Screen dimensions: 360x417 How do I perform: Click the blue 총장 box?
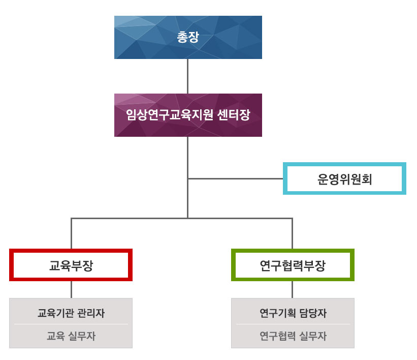point(188,37)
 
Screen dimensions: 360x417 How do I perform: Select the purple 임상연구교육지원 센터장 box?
point(188,115)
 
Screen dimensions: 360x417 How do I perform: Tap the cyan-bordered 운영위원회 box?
point(344,178)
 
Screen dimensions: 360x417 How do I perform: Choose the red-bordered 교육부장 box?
point(71,265)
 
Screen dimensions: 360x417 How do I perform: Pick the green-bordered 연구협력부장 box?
point(292,265)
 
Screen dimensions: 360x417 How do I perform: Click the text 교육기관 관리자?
point(71,313)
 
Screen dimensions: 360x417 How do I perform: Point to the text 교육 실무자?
point(71,336)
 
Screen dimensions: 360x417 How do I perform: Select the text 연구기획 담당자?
point(293,313)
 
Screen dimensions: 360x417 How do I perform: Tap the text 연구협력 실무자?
point(293,336)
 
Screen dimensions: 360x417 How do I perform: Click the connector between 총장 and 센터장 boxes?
point(188,76)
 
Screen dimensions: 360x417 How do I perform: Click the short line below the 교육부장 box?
point(71,289)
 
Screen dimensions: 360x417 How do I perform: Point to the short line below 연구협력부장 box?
point(292,289)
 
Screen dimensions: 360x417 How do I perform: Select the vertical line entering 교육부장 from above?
point(71,234)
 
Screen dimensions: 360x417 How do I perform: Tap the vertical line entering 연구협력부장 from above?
point(292,234)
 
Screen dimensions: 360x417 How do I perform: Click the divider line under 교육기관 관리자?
point(71,324)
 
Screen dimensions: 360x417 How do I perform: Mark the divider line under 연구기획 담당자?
point(293,324)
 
